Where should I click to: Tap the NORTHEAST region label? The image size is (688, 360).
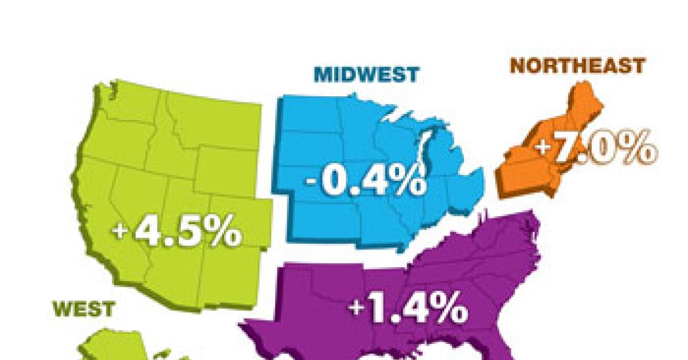(x=577, y=66)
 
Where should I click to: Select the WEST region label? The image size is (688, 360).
(x=83, y=310)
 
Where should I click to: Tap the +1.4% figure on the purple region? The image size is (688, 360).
(x=408, y=309)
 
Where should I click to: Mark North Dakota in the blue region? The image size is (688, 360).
(x=310, y=115)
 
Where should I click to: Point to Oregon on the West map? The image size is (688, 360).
(x=115, y=140)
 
